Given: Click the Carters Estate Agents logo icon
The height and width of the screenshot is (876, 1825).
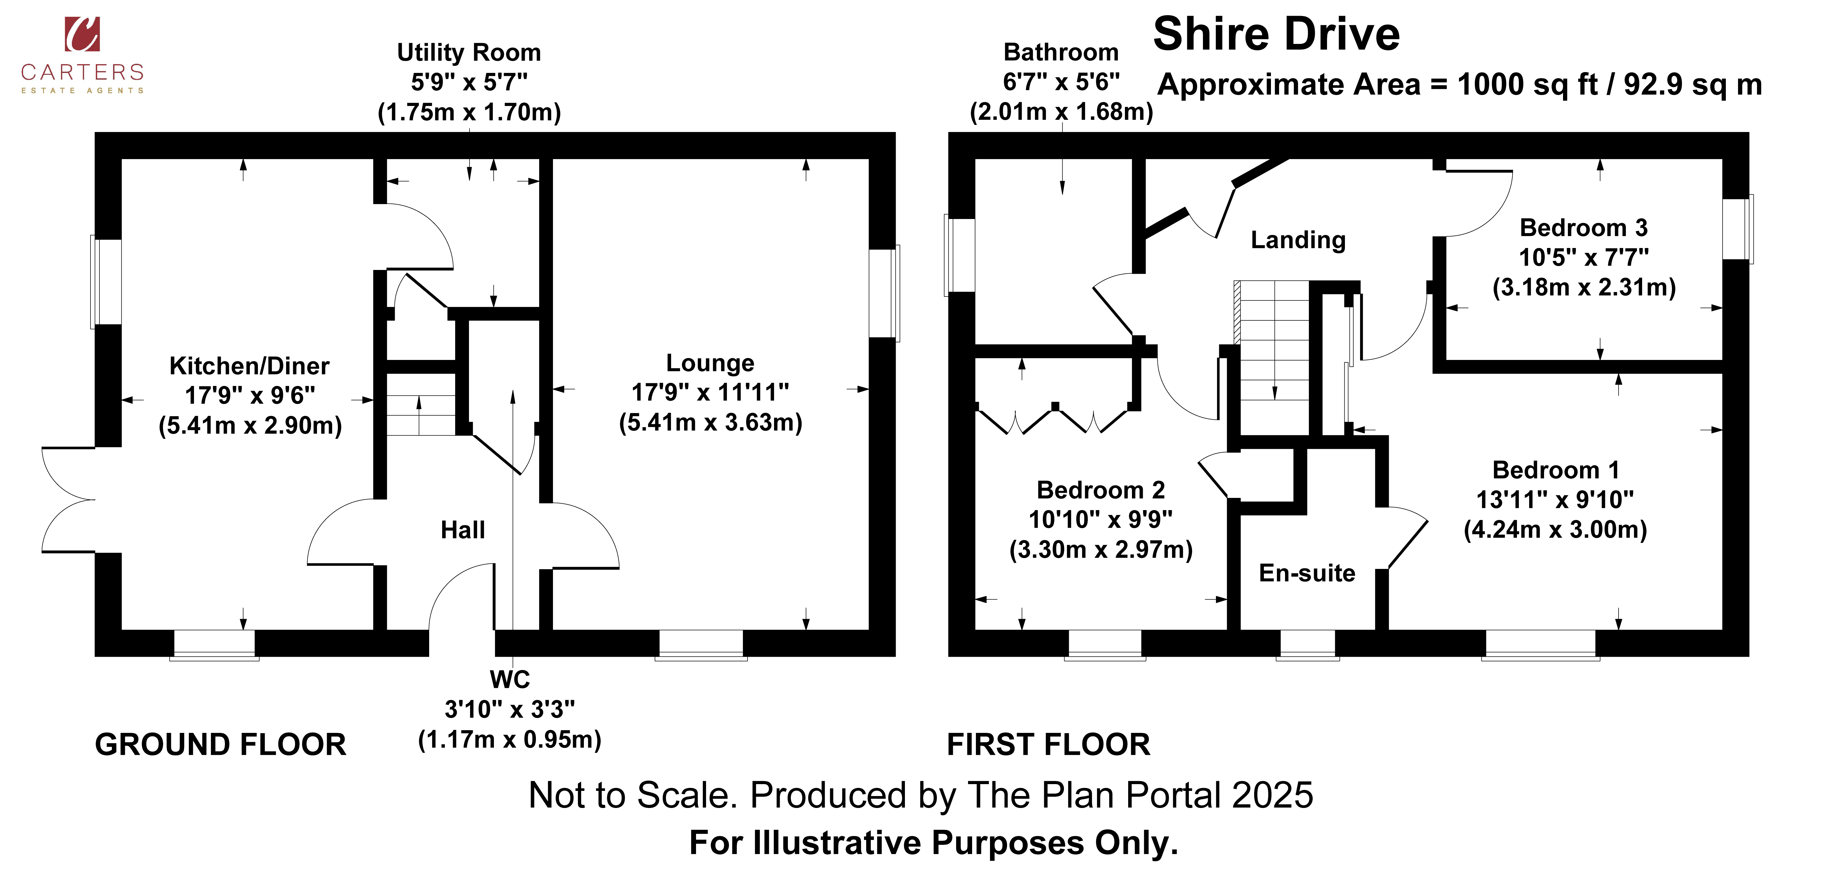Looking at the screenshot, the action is [82, 34].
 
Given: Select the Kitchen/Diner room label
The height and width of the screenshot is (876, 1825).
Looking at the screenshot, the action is [249, 366].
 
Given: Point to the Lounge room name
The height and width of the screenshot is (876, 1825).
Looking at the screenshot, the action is [710, 363].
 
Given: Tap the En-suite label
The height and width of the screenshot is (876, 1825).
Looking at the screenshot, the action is [1307, 573].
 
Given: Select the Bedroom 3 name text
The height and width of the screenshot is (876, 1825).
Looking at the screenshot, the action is [1584, 227].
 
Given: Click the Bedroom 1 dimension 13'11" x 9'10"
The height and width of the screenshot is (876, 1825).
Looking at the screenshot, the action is [1555, 500].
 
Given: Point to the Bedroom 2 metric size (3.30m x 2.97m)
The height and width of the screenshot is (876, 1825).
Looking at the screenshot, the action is [1101, 549].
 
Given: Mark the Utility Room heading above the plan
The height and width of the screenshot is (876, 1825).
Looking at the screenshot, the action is [469, 53].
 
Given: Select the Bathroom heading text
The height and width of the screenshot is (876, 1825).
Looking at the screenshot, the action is [1061, 53].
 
